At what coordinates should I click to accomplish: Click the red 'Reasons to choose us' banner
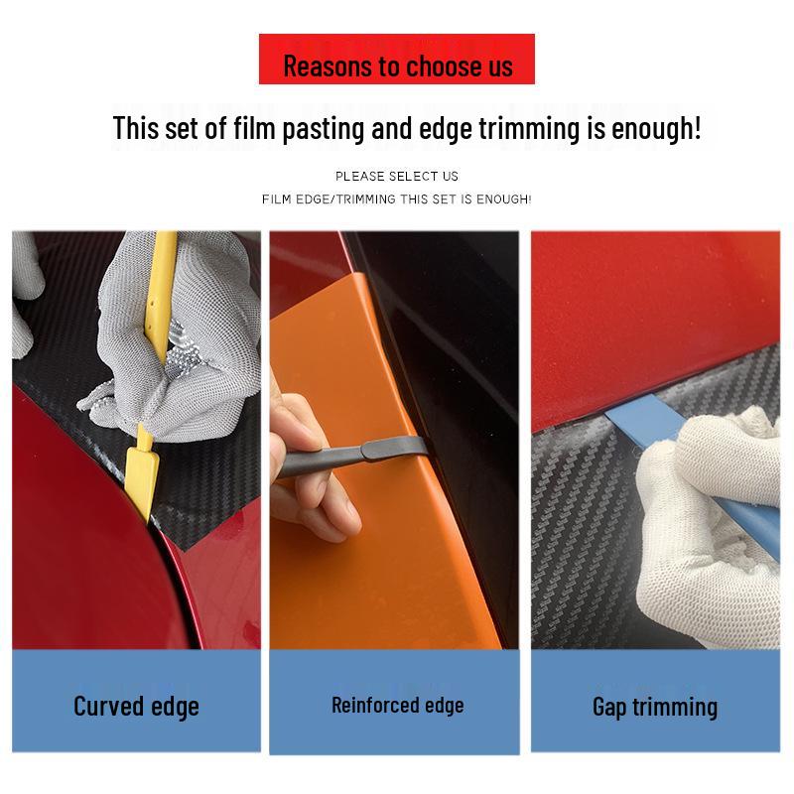coord(397,60)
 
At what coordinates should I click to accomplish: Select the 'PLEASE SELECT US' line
coord(397,176)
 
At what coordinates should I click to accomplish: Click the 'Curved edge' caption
coord(136,706)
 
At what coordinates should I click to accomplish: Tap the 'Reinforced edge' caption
coord(397,706)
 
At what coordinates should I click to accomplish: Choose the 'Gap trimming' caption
coord(654,707)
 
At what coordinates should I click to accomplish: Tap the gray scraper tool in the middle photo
coord(367,456)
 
